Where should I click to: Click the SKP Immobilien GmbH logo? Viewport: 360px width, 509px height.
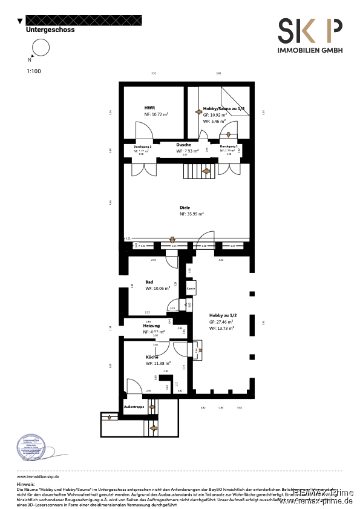309,36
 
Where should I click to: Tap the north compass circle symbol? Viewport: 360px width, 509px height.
40,48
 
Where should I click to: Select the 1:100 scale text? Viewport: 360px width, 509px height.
33,71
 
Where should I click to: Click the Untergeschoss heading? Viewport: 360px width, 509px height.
50,29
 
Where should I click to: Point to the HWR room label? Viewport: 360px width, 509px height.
149,108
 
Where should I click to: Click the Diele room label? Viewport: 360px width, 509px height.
185,208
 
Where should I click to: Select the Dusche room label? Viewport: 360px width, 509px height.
184,145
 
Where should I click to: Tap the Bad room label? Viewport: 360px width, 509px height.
149,282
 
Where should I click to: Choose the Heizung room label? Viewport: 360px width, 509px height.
151,326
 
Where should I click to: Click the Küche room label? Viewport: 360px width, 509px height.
152,357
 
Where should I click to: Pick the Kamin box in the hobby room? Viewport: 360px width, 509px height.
190,289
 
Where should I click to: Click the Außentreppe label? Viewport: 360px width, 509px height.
134,407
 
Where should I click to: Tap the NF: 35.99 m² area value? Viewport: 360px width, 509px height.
191,214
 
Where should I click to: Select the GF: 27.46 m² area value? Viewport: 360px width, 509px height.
221,323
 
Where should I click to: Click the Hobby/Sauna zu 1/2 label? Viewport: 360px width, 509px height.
224,108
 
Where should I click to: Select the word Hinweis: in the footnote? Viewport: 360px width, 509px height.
26,485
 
